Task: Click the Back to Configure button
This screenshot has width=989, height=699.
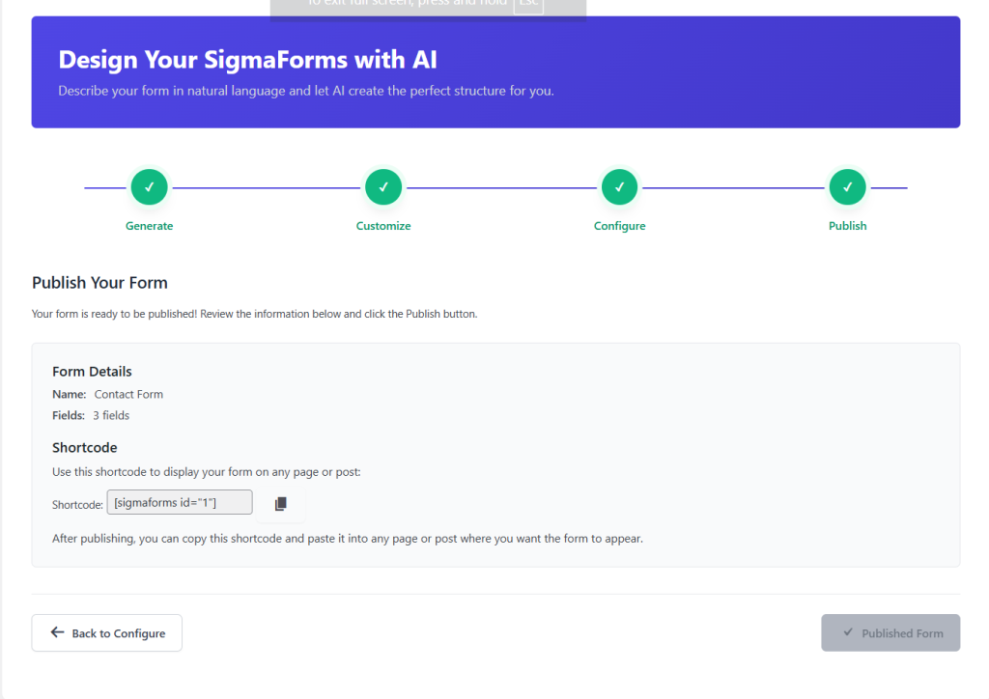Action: (x=106, y=633)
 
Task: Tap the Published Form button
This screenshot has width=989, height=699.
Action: (x=890, y=633)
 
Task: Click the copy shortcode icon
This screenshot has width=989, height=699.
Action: (x=281, y=503)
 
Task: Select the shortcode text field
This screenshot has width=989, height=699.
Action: (x=180, y=502)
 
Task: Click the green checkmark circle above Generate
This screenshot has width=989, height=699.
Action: (x=150, y=187)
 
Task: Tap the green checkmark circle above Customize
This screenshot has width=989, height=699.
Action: (x=383, y=187)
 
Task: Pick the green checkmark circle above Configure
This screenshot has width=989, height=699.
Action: (x=619, y=187)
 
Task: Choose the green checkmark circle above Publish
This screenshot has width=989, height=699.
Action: (x=847, y=187)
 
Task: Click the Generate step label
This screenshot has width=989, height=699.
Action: (x=150, y=226)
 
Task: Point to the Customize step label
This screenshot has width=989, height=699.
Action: (x=383, y=226)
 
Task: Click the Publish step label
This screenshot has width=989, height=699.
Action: (x=847, y=226)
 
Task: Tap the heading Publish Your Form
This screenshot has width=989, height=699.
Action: (x=99, y=283)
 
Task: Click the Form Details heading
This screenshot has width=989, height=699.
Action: (x=92, y=372)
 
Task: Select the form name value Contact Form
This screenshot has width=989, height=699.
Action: (x=128, y=394)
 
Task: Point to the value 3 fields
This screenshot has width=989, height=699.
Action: (x=111, y=415)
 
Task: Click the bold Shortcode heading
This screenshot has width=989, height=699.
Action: (x=85, y=448)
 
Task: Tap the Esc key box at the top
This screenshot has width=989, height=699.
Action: (x=528, y=5)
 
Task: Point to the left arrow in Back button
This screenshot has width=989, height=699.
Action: (x=57, y=633)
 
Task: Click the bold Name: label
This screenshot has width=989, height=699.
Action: (x=70, y=394)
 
